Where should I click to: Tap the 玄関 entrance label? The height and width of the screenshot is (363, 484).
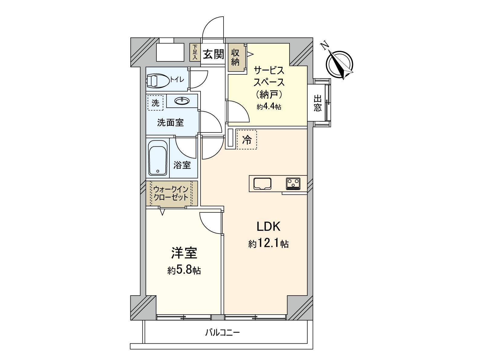click(x=214, y=54)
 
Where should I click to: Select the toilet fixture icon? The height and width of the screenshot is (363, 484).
click(x=158, y=80)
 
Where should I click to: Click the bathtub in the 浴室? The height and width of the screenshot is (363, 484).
click(x=158, y=158)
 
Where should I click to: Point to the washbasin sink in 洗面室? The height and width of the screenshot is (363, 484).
click(x=182, y=100)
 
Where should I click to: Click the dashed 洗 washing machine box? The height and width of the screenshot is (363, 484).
click(x=155, y=103)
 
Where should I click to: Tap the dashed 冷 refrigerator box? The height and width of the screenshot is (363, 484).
click(x=247, y=140)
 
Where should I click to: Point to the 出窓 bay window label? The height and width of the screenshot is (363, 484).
click(x=317, y=103)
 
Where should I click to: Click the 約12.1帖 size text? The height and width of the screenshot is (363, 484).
click(x=268, y=244)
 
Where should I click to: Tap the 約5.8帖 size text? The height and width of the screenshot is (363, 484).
click(x=184, y=270)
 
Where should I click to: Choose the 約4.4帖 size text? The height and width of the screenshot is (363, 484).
click(x=269, y=107)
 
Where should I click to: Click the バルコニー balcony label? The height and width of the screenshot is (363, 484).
click(x=223, y=333)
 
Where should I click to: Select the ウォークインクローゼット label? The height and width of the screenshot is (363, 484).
click(x=171, y=193)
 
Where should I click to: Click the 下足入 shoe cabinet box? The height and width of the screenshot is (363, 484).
click(x=195, y=52)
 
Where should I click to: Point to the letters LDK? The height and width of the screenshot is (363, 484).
click(x=269, y=226)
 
